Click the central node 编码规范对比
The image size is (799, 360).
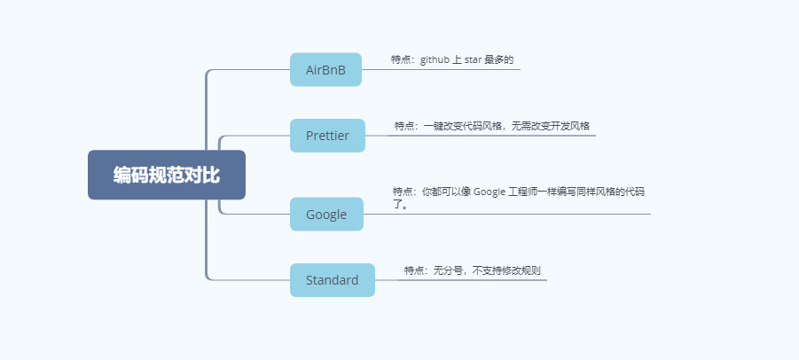(x=166, y=175)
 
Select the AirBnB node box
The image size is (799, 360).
(x=325, y=69)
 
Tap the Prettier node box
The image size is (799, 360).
(x=327, y=136)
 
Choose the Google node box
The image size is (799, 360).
(x=326, y=214)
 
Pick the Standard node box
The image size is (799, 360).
(x=332, y=280)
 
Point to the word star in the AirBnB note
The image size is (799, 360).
(x=473, y=59)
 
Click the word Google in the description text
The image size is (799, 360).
(x=490, y=192)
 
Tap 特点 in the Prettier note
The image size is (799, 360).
(x=404, y=126)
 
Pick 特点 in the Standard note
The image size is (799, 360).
(x=414, y=270)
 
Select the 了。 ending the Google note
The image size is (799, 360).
(x=400, y=204)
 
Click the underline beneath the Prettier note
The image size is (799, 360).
(x=492, y=136)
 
